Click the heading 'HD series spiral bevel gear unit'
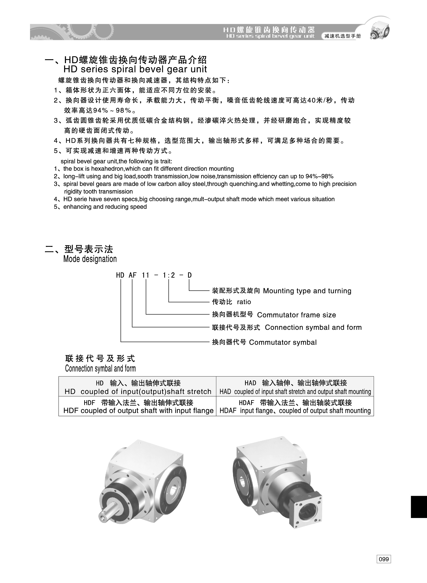(135, 69)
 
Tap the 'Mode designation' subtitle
(90, 259)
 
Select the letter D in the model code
(190, 275)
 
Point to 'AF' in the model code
(132, 275)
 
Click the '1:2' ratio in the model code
(168, 275)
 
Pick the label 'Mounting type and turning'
(307, 291)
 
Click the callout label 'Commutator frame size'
(296, 315)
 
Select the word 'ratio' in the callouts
(244, 302)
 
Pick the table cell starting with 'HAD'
(295, 387)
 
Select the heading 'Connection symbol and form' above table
(100, 368)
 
